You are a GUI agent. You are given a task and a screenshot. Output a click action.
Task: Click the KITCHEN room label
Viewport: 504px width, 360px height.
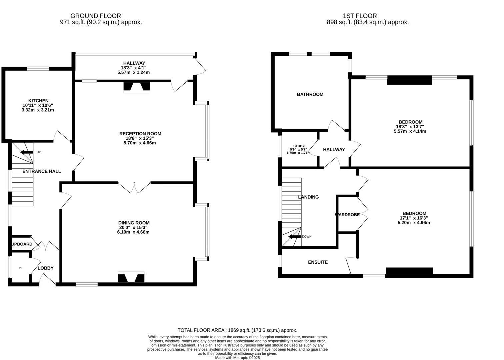coord(38,101)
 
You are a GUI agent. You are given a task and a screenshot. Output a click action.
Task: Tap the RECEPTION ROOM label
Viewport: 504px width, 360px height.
coord(140,134)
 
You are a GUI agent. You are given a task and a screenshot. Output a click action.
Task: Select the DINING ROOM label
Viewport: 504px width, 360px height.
coord(134,223)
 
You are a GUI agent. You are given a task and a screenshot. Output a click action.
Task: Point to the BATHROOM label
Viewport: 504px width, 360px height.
coord(310,94)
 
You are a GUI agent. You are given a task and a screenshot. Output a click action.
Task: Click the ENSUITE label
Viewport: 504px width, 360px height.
coord(318,262)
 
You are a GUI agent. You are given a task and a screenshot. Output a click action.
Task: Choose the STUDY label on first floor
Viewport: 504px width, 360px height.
coord(299,146)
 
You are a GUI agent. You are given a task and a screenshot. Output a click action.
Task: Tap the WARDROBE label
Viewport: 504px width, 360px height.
coord(347,215)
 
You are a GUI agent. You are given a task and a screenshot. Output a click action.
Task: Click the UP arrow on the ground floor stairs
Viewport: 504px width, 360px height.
coord(27,153)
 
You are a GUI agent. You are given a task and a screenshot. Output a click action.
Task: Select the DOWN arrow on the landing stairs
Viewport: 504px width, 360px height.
coord(294,237)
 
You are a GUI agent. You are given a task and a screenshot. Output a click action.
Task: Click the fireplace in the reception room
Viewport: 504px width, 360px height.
coord(137,87)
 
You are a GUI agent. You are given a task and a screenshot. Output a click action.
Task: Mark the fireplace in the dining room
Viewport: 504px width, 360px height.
coord(131,278)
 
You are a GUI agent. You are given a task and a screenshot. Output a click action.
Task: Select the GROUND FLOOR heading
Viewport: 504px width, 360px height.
coord(96,16)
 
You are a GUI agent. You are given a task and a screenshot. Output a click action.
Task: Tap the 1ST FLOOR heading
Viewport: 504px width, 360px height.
coord(360,16)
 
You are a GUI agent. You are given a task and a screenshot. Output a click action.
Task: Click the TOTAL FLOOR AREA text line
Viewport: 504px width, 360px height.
coord(237,330)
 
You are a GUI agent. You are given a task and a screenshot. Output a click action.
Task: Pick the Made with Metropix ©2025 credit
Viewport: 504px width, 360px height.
coord(237,358)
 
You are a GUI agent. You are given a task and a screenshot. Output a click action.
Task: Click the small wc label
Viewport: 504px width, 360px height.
coord(20,268)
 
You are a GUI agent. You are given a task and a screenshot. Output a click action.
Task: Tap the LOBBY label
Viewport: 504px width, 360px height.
coord(45,268)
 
